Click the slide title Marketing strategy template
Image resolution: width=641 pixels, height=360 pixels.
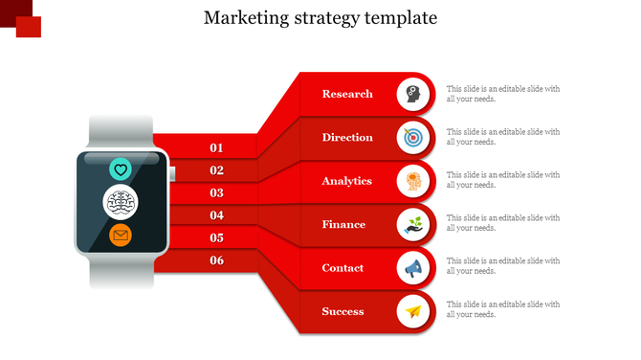coord(320,18)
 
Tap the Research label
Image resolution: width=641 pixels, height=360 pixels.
coord(347,94)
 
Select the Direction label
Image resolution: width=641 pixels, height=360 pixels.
coord(347,138)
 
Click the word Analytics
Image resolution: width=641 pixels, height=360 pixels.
coord(347,181)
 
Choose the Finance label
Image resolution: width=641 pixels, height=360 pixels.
coord(343,225)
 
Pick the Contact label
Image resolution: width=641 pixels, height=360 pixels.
coord(343,268)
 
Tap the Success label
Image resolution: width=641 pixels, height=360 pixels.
coord(343,312)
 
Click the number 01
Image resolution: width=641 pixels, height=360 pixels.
coord(217,147)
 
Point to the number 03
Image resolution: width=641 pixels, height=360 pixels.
coord(217,192)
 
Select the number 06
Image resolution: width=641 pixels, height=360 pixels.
coord(217,260)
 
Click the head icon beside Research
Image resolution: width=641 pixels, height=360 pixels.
coord(412,94)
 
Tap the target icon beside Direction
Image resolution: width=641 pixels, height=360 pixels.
coord(412,138)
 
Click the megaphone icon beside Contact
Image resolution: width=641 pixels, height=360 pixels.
coord(412,268)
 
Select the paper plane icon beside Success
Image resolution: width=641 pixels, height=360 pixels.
coord(412,312)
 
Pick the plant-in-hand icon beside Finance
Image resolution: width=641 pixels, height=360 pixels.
coord(412,225)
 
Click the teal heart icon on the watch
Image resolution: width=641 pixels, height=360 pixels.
coord(121,170)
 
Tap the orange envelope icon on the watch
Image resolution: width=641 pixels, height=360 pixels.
coord(121,235)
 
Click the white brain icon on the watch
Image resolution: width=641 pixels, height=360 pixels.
coord(121,202)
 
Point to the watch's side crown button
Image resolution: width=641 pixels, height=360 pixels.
coord(172,173)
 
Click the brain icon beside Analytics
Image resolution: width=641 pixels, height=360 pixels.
coord(412,181)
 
